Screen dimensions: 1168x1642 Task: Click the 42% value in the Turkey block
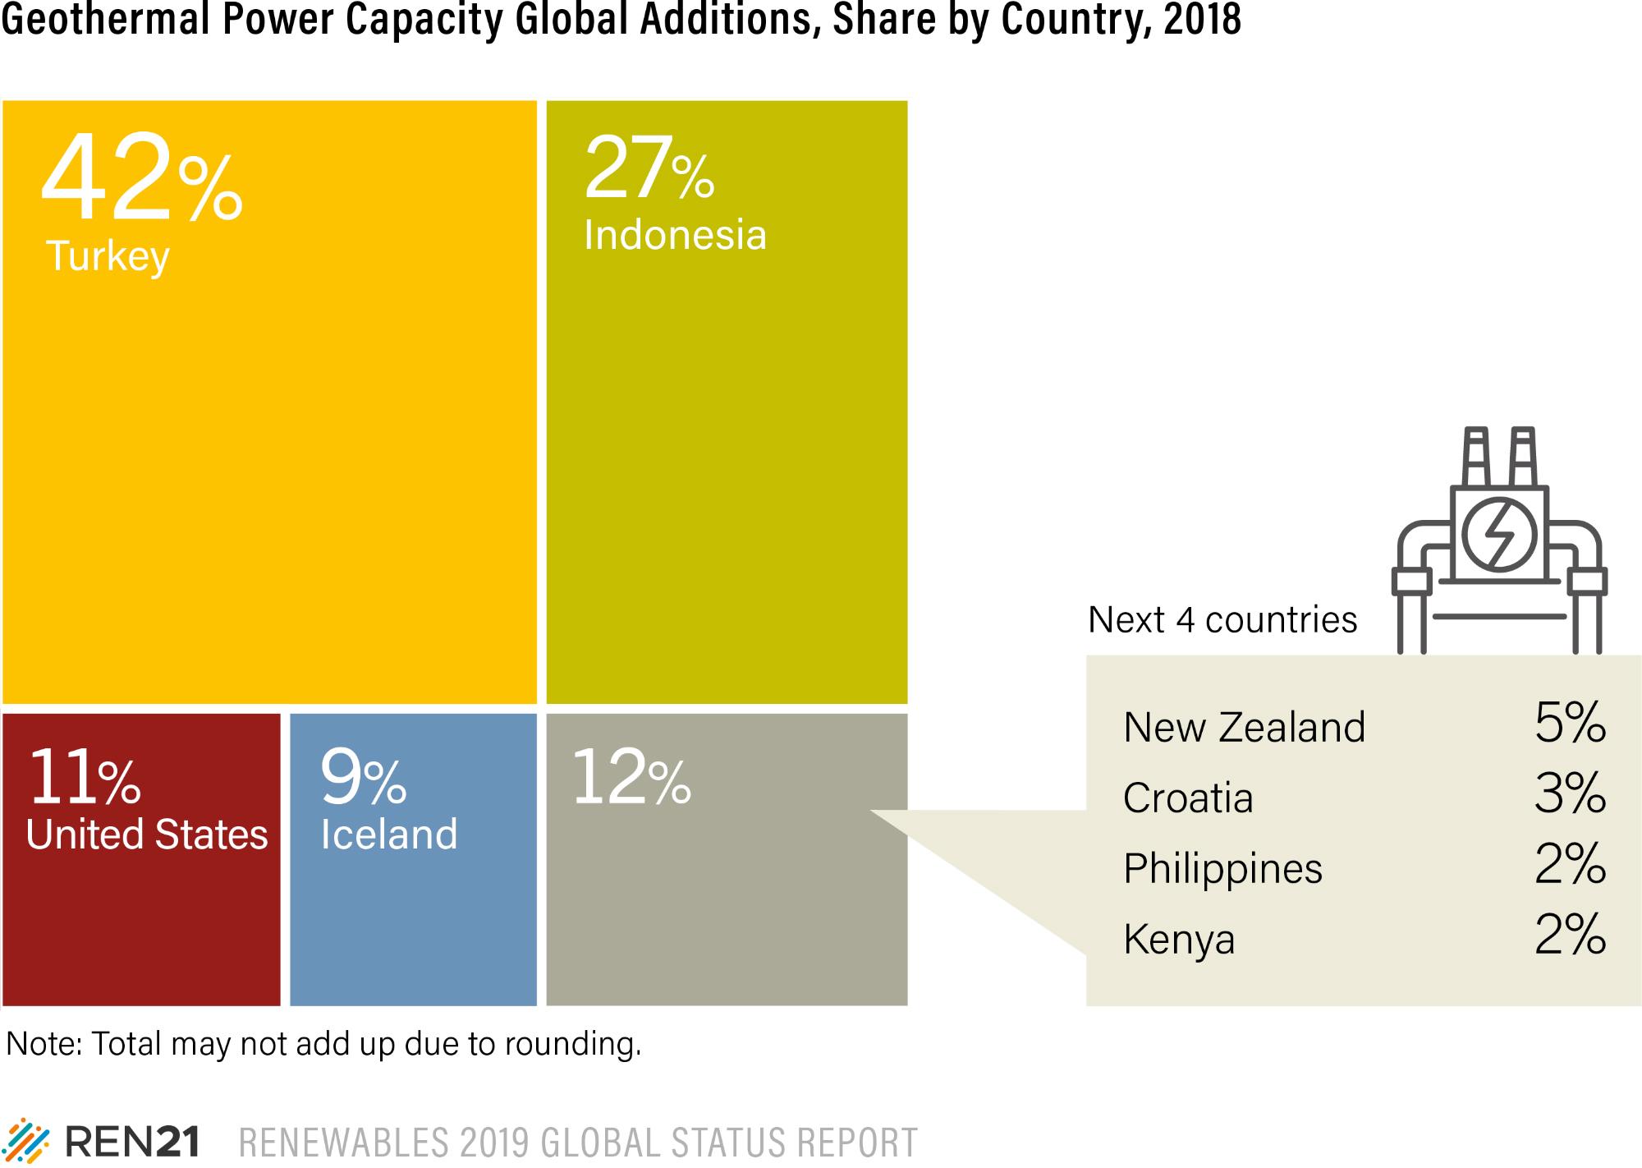(141, 179)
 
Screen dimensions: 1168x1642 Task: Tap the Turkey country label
(108, 256)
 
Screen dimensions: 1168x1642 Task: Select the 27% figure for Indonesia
(649, 170)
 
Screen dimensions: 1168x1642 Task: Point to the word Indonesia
(675, 236)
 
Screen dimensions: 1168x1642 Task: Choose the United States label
(147, 835)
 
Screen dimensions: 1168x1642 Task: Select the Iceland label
(389, 835)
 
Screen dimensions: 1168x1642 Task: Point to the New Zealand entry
(1244, 728)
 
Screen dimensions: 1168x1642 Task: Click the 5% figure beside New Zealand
(1570, 723)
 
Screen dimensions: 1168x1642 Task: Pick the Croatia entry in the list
(1188, 798)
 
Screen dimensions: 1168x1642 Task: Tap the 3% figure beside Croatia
(1570, 793)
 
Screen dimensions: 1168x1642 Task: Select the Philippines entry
(1222, 869)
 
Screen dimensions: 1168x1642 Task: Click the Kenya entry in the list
(1179, 940)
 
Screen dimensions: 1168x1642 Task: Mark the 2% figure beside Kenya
(1570, 935)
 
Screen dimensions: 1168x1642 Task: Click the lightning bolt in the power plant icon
(1499, 535)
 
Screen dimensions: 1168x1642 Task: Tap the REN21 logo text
(132, 1142)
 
